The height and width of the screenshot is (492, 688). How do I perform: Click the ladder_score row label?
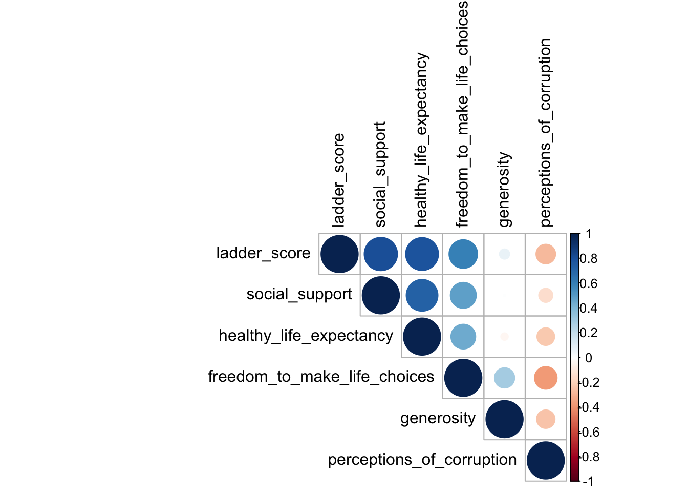click(x=263, y=253)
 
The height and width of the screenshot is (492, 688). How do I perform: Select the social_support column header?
click(x=380, y=174)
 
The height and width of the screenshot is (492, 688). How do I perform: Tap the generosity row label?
click(x=438, y=418)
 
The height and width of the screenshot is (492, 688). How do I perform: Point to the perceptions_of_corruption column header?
click(x=545, y=132)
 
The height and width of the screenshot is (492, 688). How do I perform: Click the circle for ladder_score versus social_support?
click(x=381, y=254)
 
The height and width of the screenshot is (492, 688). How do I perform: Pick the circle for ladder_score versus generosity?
click(x=504, y=254)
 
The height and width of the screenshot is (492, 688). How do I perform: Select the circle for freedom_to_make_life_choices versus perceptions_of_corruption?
click(x=546, y=378)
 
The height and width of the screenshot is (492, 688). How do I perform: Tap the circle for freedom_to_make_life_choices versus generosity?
click(x=504, y=378)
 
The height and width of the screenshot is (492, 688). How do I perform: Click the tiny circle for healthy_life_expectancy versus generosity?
click(x=504, y=337)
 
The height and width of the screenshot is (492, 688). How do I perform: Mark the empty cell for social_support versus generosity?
click(x=504, y=295)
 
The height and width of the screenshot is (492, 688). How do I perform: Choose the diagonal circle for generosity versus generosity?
click(x=504, y=419)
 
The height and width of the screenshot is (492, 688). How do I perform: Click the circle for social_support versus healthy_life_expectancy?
click(x=422, y=295)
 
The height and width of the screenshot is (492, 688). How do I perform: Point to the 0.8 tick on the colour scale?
click(x=589, y=259)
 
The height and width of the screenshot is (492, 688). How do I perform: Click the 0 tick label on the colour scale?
click(x=588, y=358)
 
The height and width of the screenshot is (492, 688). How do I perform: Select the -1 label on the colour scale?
click(x=588, y=481)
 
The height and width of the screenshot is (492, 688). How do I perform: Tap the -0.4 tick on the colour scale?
click(x=589, y=407)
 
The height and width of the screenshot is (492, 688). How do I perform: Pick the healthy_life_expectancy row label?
click(x=306, y=336)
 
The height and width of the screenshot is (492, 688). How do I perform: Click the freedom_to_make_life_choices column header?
click(x=462, y=114)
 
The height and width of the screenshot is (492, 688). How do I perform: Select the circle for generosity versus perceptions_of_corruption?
click(x=546, y=419)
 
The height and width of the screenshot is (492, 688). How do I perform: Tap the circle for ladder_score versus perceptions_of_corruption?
click(x=546, y=254)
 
